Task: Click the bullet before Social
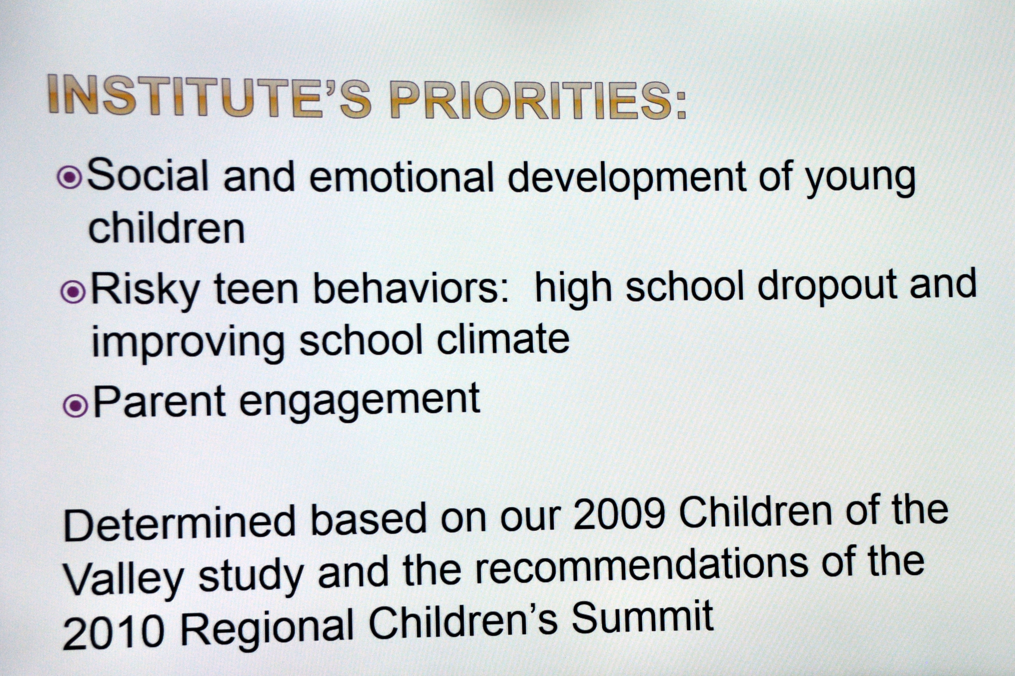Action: click(x=69, y=177)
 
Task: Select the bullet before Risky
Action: click(x=73, y=292)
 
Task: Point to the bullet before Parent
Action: click(x=76, y=406)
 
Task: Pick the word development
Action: click(x=627, y=178)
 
